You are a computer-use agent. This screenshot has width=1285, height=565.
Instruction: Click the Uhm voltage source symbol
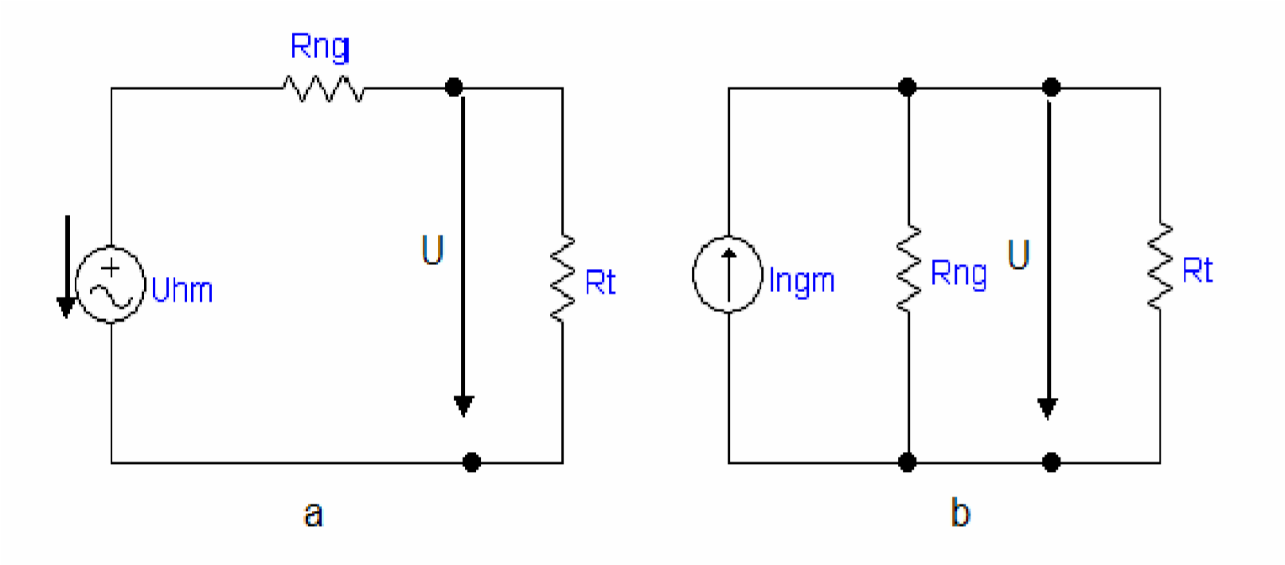point(111,284)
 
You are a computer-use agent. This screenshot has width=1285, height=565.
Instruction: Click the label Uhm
point(182,290)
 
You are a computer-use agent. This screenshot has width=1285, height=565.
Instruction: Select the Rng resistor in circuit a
point(324,88)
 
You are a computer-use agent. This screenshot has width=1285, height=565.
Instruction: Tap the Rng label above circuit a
point(320,47)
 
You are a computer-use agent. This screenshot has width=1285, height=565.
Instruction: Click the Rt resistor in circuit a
point(562,278)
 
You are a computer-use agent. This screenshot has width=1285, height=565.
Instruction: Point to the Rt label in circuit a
point(600,282)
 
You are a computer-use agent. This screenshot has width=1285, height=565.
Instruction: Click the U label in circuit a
point(432,250)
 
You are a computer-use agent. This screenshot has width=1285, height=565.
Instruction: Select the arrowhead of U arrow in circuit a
point(463,405)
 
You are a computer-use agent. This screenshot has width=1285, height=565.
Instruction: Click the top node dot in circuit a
point(454,87)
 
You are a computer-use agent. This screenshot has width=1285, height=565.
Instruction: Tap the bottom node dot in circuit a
point(471,462)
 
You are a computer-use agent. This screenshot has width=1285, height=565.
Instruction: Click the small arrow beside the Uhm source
point(67,267)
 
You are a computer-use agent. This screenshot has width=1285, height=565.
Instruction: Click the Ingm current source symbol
point(728,275)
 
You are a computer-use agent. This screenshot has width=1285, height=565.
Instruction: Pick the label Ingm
point(802,281)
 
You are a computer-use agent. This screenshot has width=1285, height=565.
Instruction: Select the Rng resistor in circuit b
point(908,268)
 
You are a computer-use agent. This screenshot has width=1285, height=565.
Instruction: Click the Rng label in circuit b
point(959,274)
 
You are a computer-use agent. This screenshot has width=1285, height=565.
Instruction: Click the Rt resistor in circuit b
point(1159,266)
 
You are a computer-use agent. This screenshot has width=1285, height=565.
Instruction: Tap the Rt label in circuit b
point(1197,271)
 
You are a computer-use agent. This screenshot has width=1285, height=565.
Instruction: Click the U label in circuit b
point(1018,255)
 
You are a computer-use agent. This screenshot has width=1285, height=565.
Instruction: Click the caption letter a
point(313,514)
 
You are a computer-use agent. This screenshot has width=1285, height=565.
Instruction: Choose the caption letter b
point(960,512)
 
